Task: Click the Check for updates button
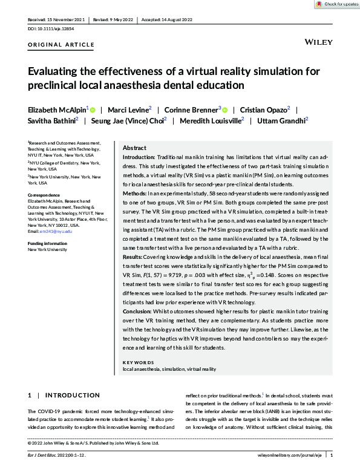pos(336,4)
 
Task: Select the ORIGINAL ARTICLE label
pos(61,45)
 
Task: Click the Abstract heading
pos(134,148)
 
